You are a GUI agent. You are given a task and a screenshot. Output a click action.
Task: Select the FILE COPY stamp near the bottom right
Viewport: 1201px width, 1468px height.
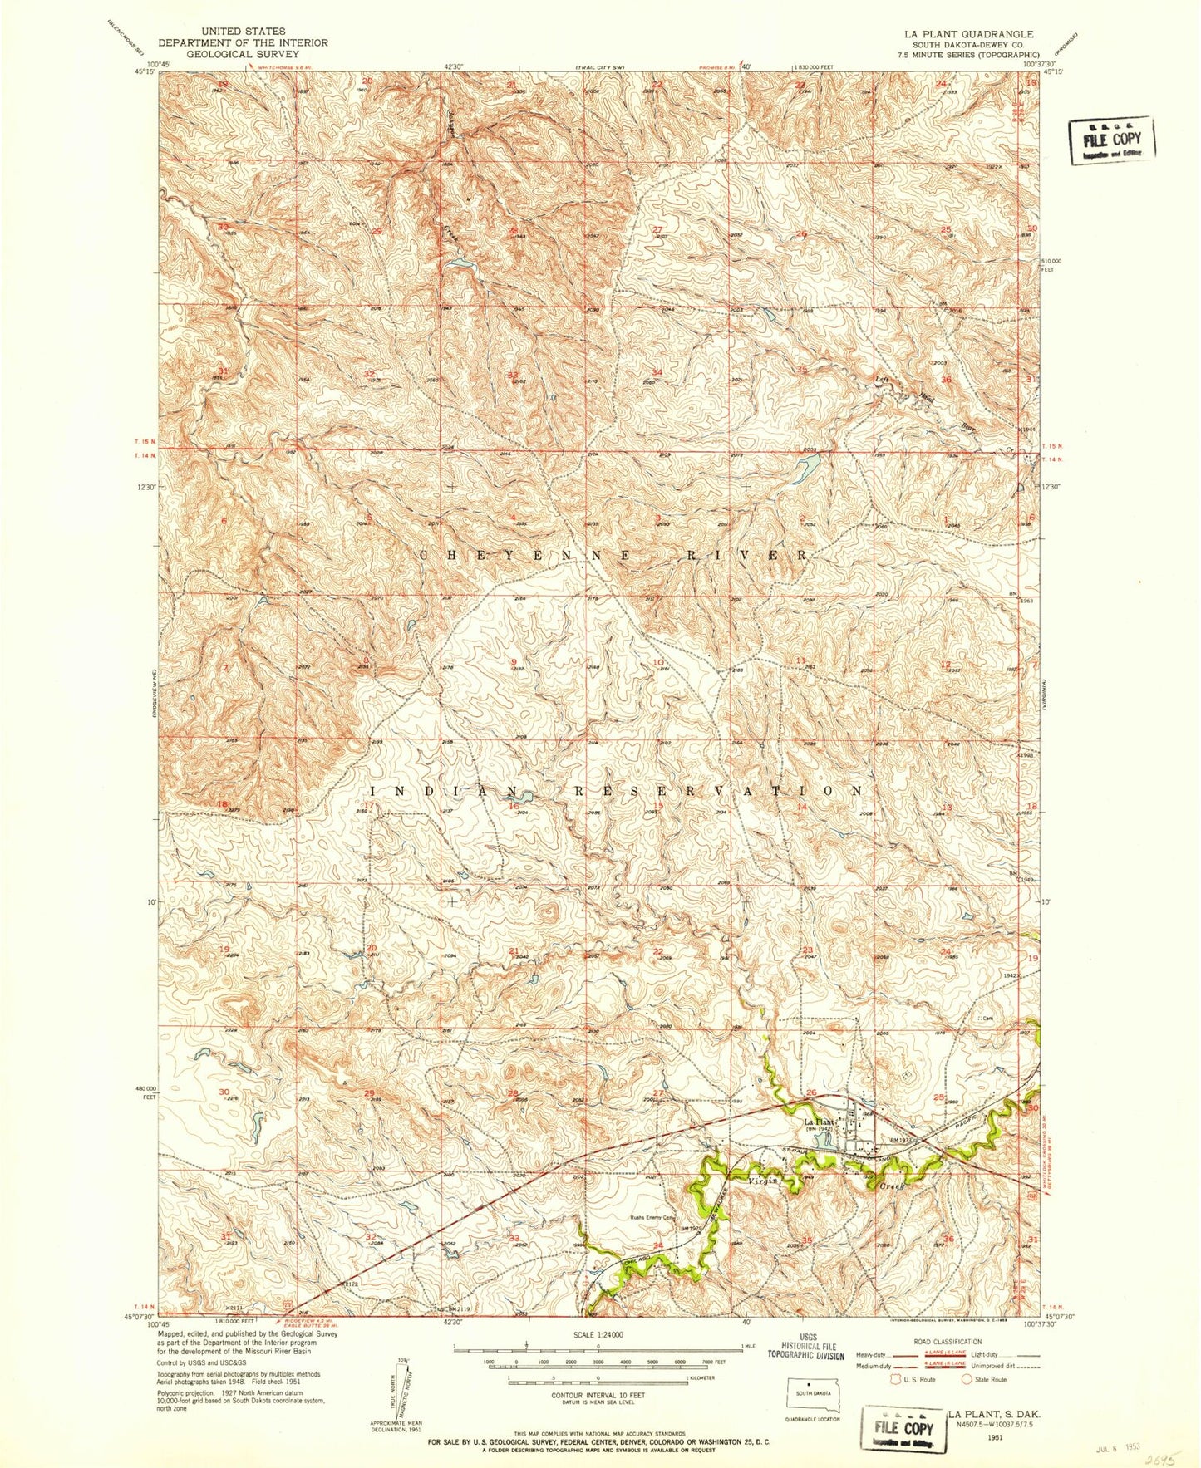903,1429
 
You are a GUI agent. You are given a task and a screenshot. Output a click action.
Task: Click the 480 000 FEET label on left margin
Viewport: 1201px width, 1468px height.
144,1092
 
